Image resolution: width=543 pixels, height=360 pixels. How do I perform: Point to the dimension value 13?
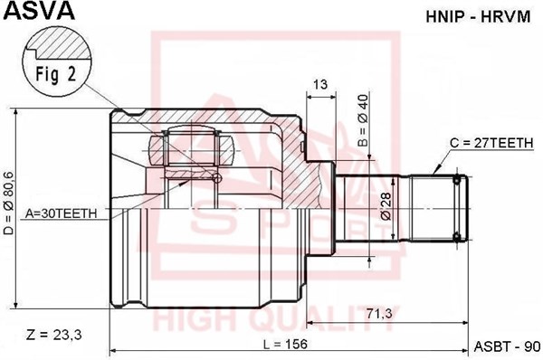319,85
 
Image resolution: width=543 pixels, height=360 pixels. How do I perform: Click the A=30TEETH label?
62,213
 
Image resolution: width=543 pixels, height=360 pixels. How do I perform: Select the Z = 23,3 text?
55,335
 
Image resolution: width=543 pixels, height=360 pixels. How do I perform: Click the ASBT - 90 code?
506,346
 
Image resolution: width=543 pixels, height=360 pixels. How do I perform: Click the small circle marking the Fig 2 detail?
216,177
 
